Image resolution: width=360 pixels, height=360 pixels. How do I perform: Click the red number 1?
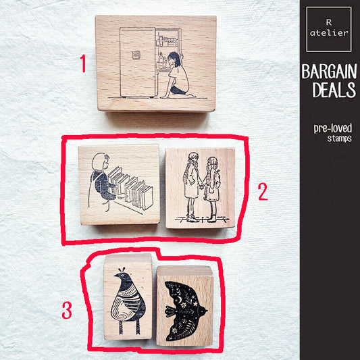coord(82,64)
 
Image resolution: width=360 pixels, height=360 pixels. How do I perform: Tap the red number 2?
coord(263,192)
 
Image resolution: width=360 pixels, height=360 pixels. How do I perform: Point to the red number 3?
coord(67,311)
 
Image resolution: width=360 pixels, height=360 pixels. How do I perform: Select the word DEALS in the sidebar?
coord(330,91)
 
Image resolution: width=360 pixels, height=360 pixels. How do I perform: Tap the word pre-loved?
coord(330,127)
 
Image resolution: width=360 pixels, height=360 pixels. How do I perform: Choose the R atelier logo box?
coord(329,29)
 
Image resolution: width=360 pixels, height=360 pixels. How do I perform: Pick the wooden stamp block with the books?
coord(119,184)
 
